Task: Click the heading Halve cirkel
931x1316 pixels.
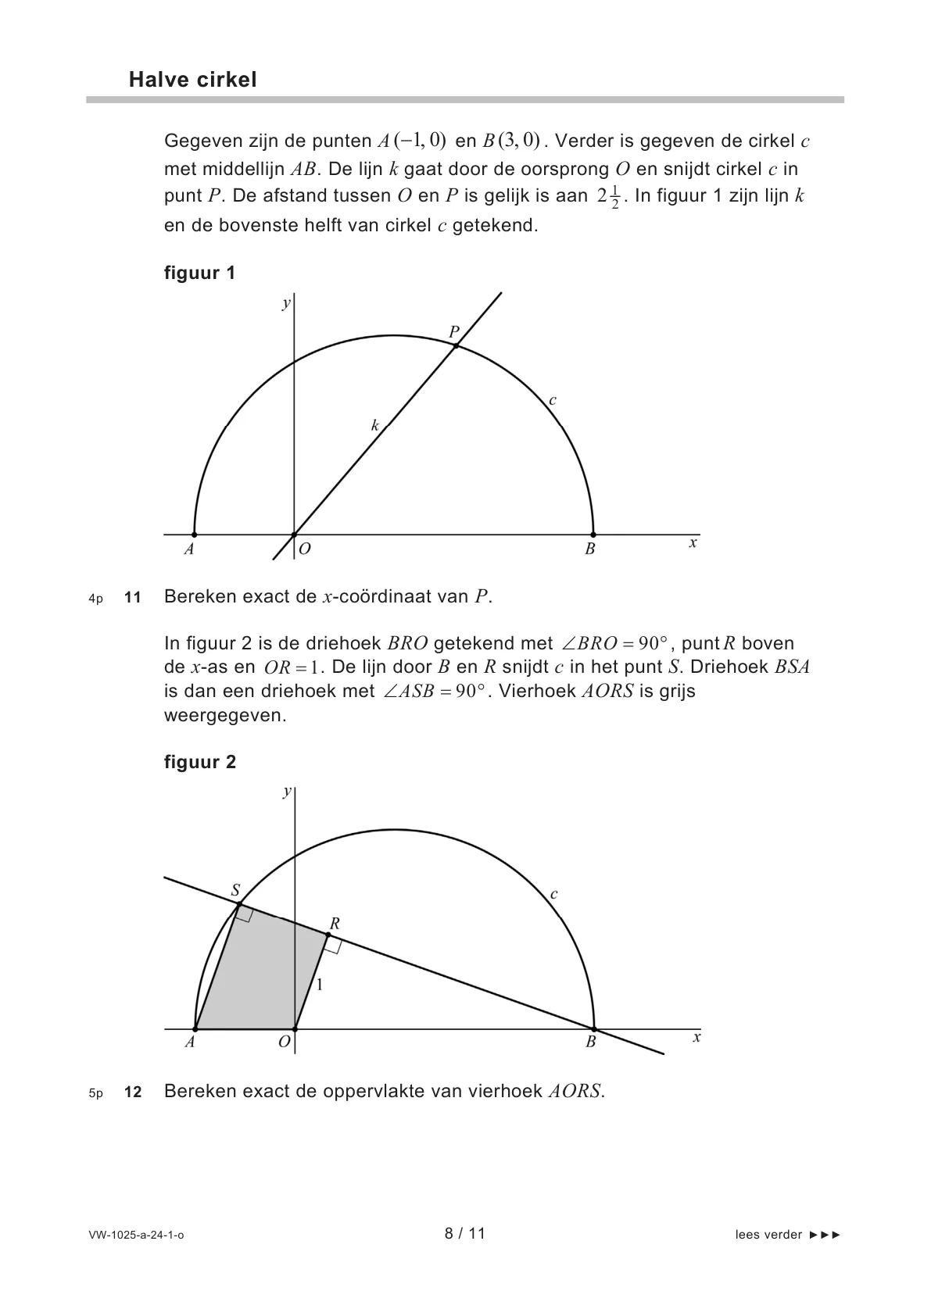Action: (192, 80)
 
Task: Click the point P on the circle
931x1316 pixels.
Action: (456, 345)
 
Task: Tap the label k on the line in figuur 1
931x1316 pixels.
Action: (375, 425)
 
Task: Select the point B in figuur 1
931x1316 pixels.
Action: (593, 535)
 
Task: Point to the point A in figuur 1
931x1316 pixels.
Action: (195, 535)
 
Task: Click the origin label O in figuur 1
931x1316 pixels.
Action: (305, 549)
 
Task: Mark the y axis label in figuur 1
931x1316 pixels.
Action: (286, 303)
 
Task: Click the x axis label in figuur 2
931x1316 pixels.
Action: (696, 1037)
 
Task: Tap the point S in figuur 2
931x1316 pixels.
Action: (239, 904)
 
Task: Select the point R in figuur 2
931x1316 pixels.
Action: (326, 933)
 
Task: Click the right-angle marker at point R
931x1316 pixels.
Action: (332, 945)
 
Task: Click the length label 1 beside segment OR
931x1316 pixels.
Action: (319, 985)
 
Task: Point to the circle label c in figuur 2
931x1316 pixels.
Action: (553, 894)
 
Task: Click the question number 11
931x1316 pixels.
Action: (133, 598)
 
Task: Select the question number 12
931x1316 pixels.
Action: (133, 1092)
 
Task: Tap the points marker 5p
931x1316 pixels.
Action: (95, 1093)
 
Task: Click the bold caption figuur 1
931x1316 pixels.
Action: (199, 273)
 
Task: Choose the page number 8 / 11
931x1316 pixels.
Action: (465, 1233)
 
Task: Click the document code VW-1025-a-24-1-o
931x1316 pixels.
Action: (137, 1235)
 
